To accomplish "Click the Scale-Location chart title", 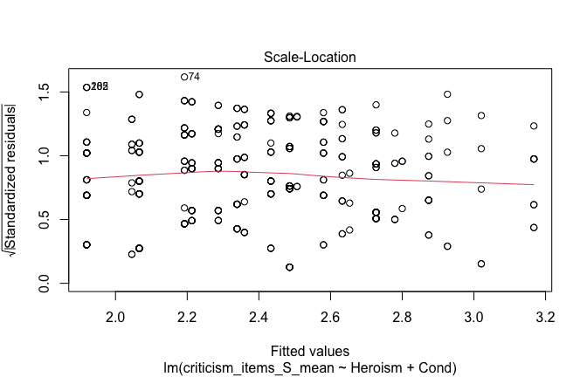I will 306,58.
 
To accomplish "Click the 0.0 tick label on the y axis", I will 42,284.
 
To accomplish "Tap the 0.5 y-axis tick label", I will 42,220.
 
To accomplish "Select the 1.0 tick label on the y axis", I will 42,155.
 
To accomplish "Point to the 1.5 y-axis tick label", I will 42,92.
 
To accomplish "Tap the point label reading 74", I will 195,77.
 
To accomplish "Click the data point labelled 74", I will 184,77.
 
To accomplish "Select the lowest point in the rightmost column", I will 534,228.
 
